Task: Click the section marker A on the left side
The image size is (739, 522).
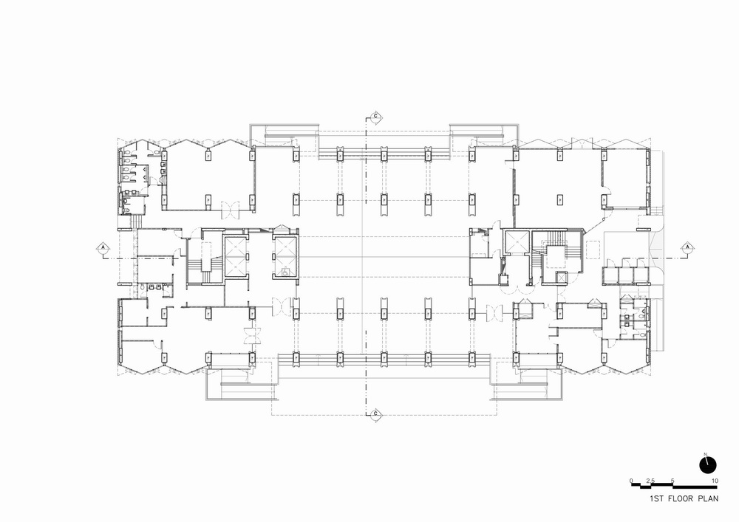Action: tap(103, 247)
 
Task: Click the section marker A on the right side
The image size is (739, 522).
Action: tap(687, 247)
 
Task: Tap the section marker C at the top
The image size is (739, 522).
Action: tap(375, 117)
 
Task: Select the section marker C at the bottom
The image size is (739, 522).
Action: tap(375, 413)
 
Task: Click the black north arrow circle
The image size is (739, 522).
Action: tap(708, 464)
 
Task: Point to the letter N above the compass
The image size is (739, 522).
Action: tap(706, 453)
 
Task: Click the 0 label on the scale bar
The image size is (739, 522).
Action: tap(632, 481)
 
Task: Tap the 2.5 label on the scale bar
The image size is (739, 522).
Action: tap(650, 481)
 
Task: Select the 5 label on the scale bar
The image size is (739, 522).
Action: tap(672, 481)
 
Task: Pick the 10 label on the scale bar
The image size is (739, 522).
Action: tap(714, 481)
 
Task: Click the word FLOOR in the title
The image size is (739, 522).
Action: tap(680, 499)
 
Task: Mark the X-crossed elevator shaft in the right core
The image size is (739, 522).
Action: tap(514, 243)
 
